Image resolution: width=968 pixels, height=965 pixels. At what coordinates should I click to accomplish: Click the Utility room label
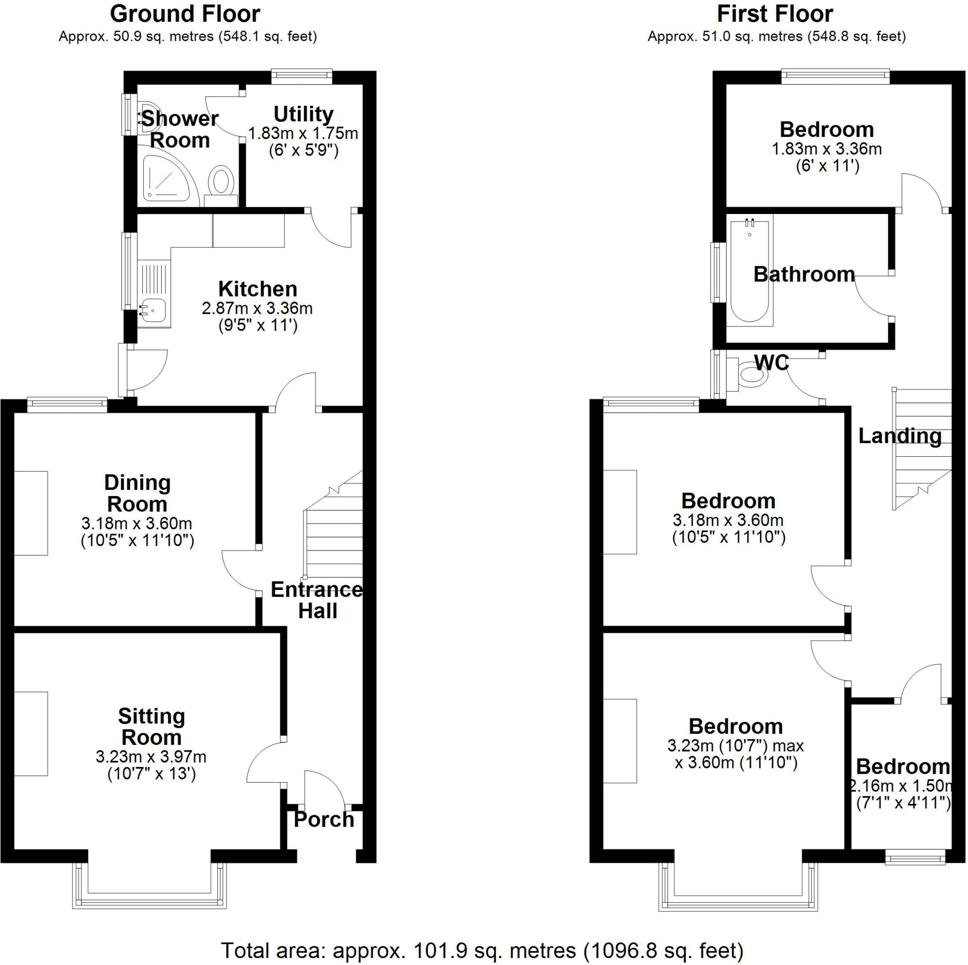coord(303,115)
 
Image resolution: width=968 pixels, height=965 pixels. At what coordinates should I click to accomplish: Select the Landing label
coord(900,436)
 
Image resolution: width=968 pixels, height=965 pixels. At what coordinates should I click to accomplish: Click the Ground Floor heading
coord(185,14)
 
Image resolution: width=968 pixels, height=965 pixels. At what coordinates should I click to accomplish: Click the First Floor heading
coord(775,14)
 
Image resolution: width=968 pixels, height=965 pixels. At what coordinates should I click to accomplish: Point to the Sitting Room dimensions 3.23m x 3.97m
coord(151,757)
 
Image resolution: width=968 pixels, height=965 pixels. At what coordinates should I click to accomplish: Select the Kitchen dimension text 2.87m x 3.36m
coord(257,308)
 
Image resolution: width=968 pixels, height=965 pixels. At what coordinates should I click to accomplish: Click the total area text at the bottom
coord(482,949)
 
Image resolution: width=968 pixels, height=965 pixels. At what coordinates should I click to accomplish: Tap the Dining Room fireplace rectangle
coord(31,513)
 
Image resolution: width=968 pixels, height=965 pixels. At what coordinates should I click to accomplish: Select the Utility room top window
coord(302,76)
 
